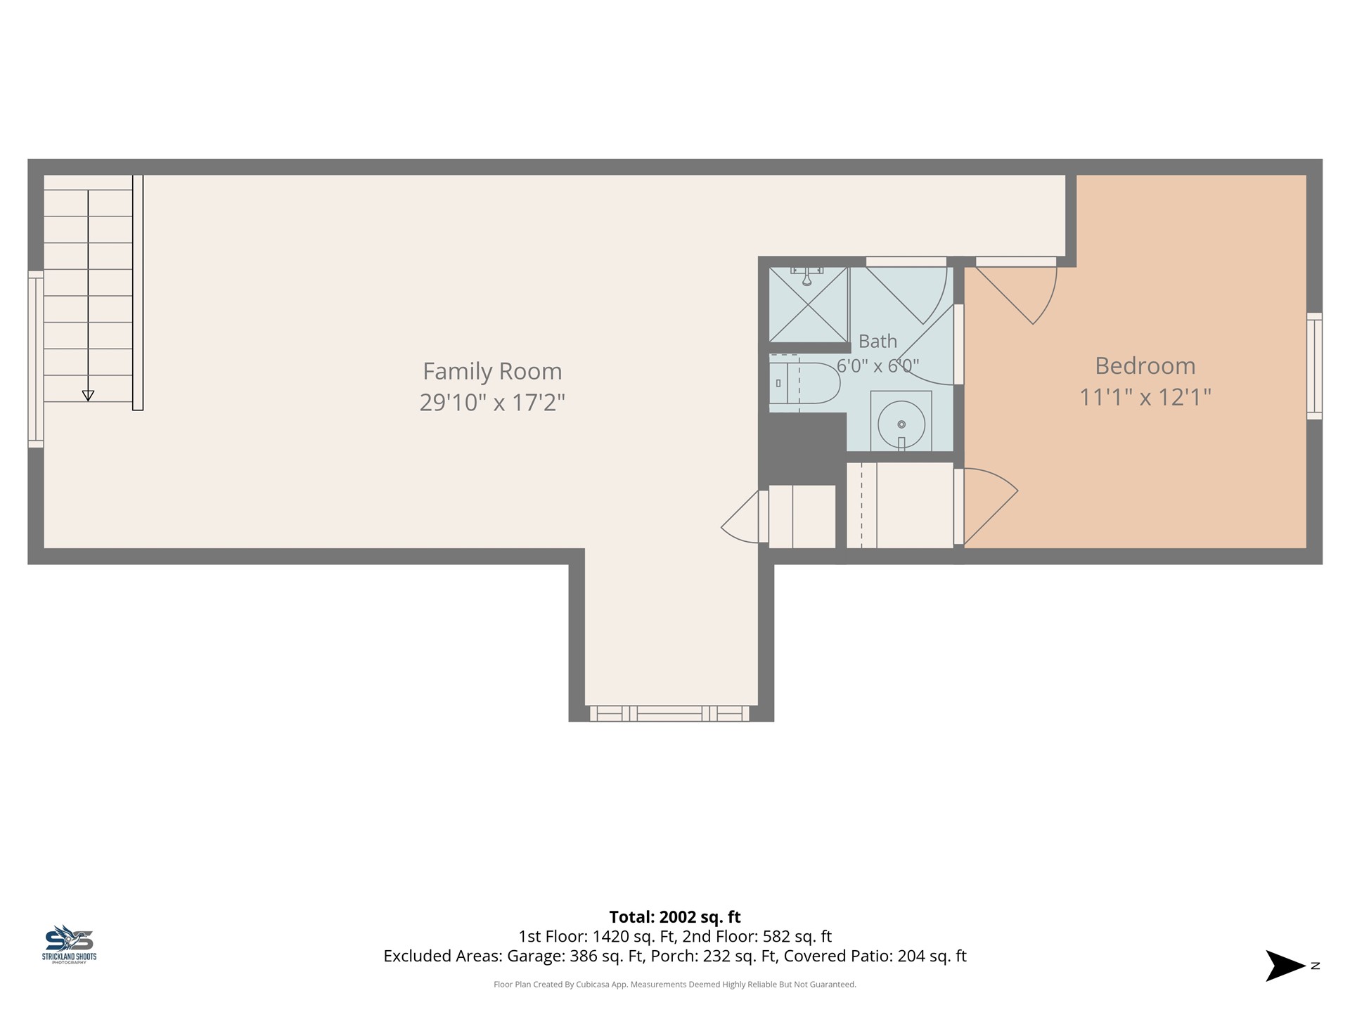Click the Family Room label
click(492, 371)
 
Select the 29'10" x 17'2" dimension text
click(492, 403)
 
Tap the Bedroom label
click(1145, 365)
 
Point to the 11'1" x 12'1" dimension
click(1145, 397)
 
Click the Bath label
click(877, 342)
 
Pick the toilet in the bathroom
click(804, 383)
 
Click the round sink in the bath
click(901, 424)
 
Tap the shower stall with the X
click(809, 304)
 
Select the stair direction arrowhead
click(88, 396)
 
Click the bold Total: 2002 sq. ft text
click(675, 917)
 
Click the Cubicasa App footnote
click(675, 985)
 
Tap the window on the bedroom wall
click(1314, 366)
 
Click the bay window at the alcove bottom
click(669, 713)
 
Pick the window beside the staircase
click(36, 359)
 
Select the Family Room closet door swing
click(740, 517)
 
